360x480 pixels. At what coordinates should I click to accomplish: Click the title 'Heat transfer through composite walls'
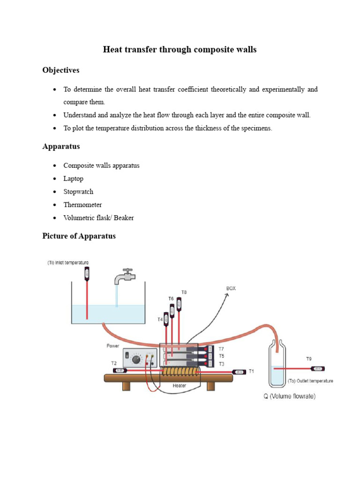point(180,49)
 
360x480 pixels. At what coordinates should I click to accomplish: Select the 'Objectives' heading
point(61,70)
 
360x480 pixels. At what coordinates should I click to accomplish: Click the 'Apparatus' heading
point(61,146)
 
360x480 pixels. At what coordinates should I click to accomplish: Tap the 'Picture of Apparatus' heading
point(79,236)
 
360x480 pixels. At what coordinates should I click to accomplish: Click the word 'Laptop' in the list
point(74,179)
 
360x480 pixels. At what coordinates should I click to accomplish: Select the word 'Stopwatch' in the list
point(78,192)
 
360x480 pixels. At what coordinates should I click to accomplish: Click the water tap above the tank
point(124,277)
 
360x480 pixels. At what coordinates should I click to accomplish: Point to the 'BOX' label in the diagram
point(231,288)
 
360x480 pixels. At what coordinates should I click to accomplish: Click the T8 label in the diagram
point(184,292)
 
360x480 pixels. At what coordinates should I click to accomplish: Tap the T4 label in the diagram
point(160,320)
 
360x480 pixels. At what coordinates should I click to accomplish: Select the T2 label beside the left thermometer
point(114,363)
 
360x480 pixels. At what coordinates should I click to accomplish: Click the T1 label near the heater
point(251,371)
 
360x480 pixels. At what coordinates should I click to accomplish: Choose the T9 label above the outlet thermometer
point(309,359)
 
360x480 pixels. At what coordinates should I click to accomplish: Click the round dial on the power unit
point(137,360)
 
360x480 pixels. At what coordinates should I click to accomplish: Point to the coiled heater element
point(180,372)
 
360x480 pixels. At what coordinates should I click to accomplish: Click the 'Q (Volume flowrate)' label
point(289,397)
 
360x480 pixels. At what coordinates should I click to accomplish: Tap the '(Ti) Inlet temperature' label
point(67,262)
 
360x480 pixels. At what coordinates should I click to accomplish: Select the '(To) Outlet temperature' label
point(310,381)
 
